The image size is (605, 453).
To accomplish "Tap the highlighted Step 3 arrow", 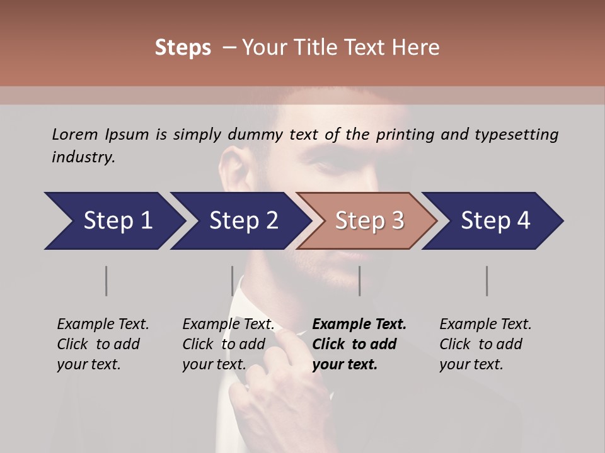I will [x=368, y=221].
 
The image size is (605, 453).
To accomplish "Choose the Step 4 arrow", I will [x=494, y=221].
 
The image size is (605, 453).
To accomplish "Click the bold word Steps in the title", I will [x=183, y=48].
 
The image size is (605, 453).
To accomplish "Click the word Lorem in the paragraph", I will [x=75, y=134].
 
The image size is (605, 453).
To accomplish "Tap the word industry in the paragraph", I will [x=83, y=157].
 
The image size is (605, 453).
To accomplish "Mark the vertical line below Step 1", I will [x=107, y=281].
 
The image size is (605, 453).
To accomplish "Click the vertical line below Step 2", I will [x=233, y=281].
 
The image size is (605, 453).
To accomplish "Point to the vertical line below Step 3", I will [x=359, y=281].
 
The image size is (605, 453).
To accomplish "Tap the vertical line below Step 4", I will [x=487, y=281].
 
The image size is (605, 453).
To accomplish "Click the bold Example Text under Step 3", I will [x=359, y=324].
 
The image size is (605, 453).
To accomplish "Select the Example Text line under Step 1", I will [x=103, y=324].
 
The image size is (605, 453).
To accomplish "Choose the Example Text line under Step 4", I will [x=485, y=324].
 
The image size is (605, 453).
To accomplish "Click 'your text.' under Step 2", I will [x=214, y=364].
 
